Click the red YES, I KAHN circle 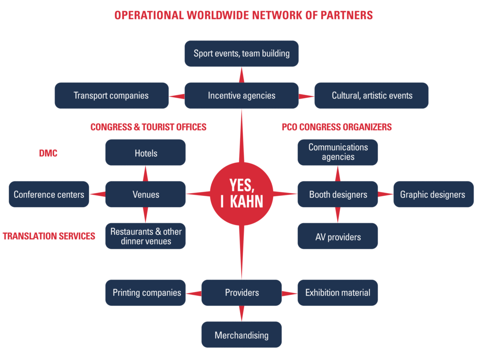point(241,194)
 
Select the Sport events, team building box point(241,53)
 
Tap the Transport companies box point(111,96)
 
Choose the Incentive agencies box point(241,96)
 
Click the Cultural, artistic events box point(372,96)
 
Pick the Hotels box point(145,153)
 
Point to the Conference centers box point(49,194)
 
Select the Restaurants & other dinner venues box point(145,236)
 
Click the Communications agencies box point(338,152)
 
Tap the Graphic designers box point(433,194)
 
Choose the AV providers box point(338,236)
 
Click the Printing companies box point(145,293)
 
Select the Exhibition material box point(338,293)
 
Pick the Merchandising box point(241,335)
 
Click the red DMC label point(48,153)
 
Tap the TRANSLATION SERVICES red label point(49,236)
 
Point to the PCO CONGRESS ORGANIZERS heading point(337,127)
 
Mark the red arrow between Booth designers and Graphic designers point(386,194)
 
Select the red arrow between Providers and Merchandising point(241,313)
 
